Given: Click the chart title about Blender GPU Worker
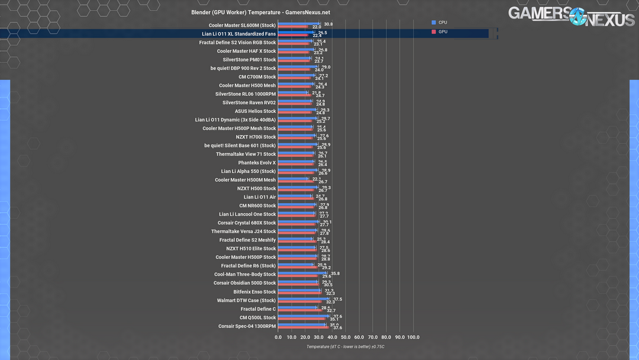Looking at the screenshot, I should [260, 12].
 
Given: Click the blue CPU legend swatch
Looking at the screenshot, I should [434, 22].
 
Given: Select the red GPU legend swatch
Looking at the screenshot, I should [434, 31].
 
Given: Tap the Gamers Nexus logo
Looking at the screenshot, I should [571, 16].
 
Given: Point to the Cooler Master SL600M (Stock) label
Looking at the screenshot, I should [242, 25].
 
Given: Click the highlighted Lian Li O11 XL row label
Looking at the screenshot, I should [238, 34].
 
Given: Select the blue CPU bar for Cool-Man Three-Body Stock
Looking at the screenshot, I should [302, 273].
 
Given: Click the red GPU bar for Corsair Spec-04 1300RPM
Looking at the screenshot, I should [303, 327].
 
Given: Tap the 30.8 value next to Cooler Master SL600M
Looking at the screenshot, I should [328, 24].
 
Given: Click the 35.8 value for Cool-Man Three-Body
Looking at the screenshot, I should [335, 274].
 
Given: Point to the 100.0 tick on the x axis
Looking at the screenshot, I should [413, 337].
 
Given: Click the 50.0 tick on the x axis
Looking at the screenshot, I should [346, 337].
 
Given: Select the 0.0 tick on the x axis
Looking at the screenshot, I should [278, 337].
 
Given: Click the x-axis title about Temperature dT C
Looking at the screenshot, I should [346, 347].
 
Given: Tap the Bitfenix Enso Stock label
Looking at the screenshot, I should [254, 292].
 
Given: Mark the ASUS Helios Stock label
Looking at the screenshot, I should [255, 111].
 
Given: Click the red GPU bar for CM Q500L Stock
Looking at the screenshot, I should [302, 319].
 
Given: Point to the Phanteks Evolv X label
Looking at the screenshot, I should [257, 163].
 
